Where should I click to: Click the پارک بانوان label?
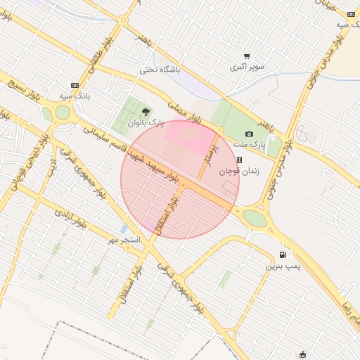click(146, 122)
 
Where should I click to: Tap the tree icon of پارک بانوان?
click(146, 111)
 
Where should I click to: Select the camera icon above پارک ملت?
click(249, 134)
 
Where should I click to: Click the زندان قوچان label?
click(239, 171)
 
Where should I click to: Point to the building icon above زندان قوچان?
click(239, 160)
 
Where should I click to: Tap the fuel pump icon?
click(283, 255)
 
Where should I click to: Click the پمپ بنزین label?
click(283, 267)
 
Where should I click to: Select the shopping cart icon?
click(247, 56)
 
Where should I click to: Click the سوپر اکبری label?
click(247, 67)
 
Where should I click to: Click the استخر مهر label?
click(124, 240)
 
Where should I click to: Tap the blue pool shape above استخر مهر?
click(124, 229)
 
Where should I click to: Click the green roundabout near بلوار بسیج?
click(62, 112)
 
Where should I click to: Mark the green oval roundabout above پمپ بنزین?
click(255, 218)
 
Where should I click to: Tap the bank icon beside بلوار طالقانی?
click(75, 84)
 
